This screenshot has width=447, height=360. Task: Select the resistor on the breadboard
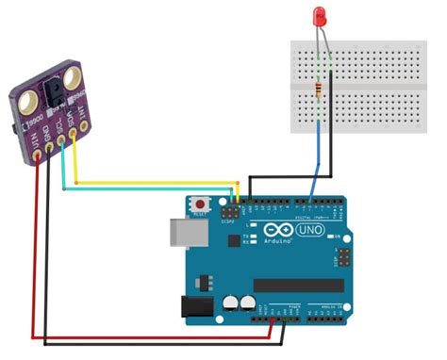click(322, 90)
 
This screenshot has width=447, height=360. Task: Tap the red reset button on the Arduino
click(202, 204)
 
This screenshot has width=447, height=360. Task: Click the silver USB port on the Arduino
click(181, 235)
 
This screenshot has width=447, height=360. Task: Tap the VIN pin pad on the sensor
click(37, 153)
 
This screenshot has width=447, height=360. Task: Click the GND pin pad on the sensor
click(49, 147)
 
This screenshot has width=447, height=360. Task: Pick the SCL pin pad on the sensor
click(62, 142)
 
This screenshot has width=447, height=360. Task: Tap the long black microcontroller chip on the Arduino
click(301, 285)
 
